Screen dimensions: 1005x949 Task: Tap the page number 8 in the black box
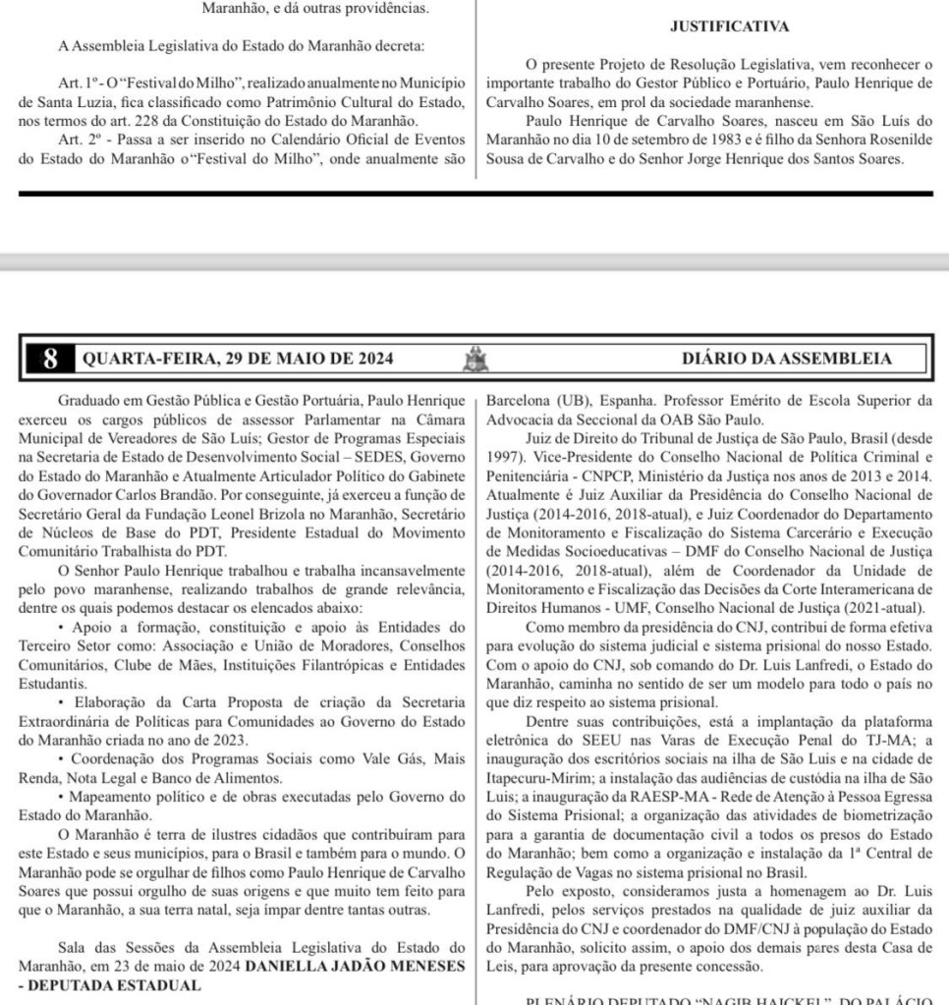click(x=50, y=359)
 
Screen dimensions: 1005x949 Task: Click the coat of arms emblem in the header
click(x=475, y=359)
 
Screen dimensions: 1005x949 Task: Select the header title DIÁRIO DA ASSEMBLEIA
click(x=787, y=359)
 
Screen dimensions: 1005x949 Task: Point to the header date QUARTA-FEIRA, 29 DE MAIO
click(x=237, y=359)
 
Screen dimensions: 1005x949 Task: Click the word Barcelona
click(x=524, y=401)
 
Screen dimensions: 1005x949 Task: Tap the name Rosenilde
click(x=896, y=140)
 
